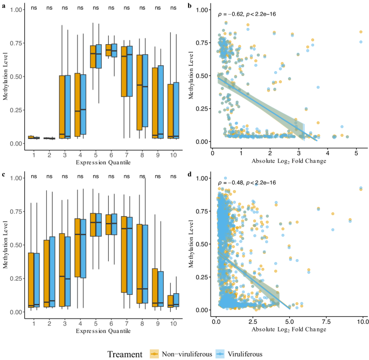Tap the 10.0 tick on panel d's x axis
(362, 321)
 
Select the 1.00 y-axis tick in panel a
(16, 10)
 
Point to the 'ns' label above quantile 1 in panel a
(34, 8)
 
